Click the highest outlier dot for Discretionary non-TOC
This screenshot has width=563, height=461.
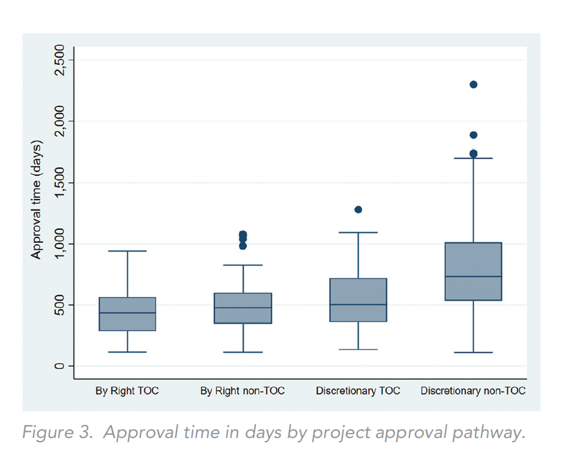coord(473,84)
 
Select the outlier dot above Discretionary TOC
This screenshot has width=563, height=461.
coord(358,209)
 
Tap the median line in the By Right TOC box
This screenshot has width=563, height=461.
coord(127,313)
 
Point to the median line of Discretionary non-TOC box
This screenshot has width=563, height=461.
coord(473,276)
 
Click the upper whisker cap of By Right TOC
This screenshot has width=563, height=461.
coord(127,251)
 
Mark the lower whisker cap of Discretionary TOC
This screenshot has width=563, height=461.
coord(358,349)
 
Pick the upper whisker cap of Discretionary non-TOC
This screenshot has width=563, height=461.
coord(473,158)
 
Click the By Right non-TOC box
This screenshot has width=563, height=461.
coord(242,308)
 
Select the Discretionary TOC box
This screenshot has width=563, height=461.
coord(358,300)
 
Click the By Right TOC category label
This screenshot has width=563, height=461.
coord(127,391)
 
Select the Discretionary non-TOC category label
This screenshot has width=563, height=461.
coord(473,391)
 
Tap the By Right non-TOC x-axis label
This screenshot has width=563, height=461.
coord(242,391)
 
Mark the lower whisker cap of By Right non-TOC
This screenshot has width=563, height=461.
coord(242,352)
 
